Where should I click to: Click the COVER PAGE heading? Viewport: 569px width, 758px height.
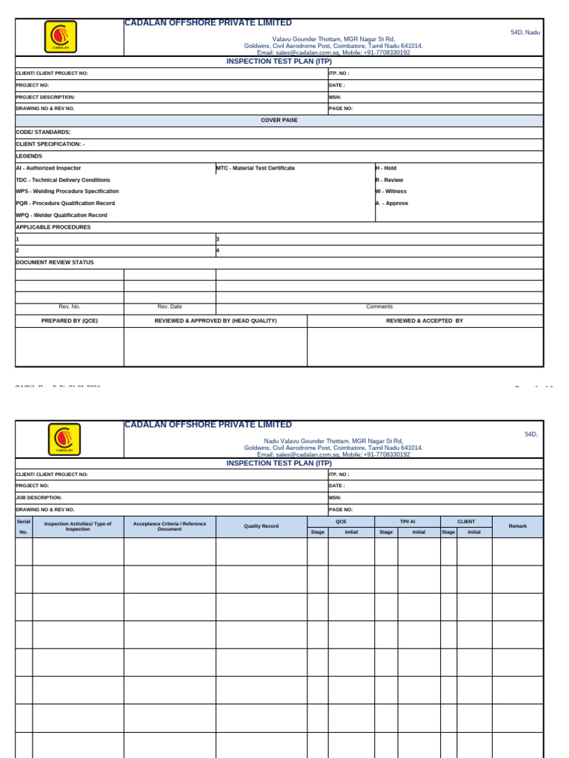(x=279, y=120)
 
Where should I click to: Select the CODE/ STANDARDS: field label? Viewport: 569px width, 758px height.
(x=44, y=132)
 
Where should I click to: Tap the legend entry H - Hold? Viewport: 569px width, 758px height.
(x=386, y=168)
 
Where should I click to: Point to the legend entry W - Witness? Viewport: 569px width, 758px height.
(x=391, y=192)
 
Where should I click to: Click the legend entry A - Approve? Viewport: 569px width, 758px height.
(x=392, y=204)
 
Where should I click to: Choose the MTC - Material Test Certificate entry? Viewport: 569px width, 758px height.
(x=256, y=168)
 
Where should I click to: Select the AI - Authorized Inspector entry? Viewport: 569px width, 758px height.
(x=49, y=168)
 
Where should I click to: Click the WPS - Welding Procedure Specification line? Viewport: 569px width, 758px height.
(x=67, y=192)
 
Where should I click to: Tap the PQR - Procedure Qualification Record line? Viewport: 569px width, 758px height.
(x=66, y=204)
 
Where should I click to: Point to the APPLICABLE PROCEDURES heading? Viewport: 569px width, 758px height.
(x=53, y=227)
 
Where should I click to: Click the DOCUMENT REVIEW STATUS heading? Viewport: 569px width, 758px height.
(x=55, y=263)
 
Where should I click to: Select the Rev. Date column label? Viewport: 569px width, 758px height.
(x=170, y=306)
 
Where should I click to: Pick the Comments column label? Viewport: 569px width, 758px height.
(x=379, y=306)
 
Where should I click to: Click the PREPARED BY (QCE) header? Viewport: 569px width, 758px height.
(x=70, y=321)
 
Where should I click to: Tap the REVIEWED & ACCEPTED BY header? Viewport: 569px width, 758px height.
(x=425, y=321)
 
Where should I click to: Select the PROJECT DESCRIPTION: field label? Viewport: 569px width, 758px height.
(x=46, y=97)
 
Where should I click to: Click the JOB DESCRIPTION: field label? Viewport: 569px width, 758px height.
(x=39, y=498)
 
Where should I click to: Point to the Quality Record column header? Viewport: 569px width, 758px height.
(x=262, y=526)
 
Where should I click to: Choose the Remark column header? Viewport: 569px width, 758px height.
(x=517, y=526)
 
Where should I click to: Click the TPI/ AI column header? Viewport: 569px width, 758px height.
(x=407, y=522)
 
